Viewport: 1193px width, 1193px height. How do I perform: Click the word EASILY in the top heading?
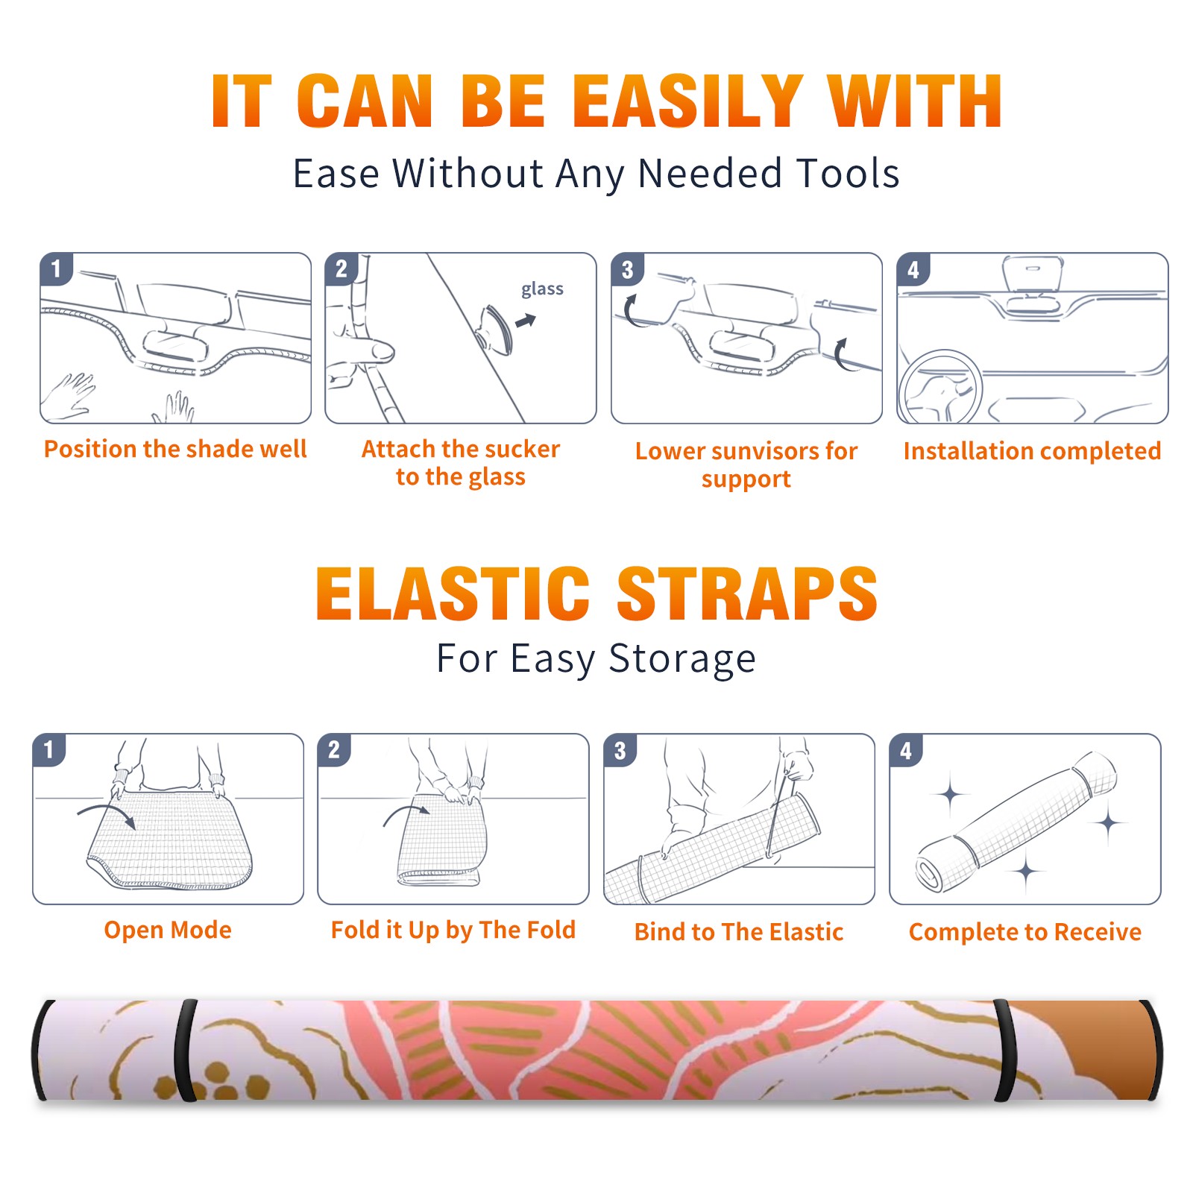pyautogui.click(x=687, y=101)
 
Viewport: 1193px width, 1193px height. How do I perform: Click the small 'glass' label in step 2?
pyautogui.click(x=542, y=289)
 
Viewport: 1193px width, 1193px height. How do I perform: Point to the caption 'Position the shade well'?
pyautogui.click(x=175, y=449)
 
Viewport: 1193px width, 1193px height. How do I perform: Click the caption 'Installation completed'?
pyautogui.click(x=1032, y=450)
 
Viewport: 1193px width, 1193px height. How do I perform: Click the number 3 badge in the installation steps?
pyautogui.click(x=627, y=269)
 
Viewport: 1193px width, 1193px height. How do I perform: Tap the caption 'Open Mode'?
pyautogui.click(x=168, y=930)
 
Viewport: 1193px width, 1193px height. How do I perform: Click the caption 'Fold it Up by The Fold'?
pyautogui.click(x=453, y=930)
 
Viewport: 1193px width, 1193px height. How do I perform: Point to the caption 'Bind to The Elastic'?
pyautogui.click(x=739, y=931)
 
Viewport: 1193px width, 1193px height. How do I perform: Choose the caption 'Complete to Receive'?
pyautogui.click(x=1025, y=931)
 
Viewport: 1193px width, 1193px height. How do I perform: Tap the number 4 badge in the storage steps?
pyautogui.click(x=906, y=750)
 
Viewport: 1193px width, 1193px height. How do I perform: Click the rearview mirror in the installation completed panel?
pyautogui.click(x=1033, y=274)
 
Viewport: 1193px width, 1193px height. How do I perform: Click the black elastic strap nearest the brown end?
pyautogui.click(x=1005, y=1051)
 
